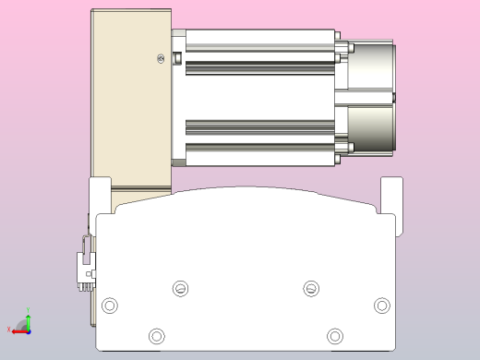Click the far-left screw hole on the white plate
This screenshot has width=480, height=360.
pos(111,306)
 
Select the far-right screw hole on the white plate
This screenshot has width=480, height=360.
pos(381,306)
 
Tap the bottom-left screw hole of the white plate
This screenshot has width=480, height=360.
pos(157,334)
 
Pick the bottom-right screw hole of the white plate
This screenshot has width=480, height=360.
pos(334,334)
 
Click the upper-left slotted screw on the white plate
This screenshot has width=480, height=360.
pos(180,288)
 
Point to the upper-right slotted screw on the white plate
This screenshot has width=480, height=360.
pos(312,288)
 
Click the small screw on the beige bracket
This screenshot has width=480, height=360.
pos(162,60)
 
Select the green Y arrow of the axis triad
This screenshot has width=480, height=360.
pos(28,319)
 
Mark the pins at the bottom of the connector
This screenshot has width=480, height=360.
pos(85,283)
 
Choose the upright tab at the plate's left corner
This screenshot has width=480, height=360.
pos(100,194)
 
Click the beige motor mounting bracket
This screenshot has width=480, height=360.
pos(129,102)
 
